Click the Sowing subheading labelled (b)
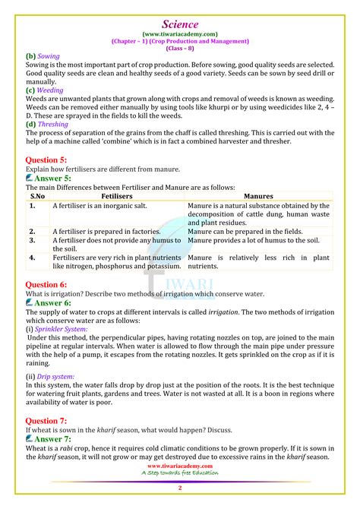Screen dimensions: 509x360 [x=47, y=55]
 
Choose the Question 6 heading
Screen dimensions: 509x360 [x=46, y=283]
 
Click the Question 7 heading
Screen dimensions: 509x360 [x=46, y=420]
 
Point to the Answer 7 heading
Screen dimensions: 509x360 [x=51, y=438]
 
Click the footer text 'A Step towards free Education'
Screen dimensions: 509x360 [x=180, y=473]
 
